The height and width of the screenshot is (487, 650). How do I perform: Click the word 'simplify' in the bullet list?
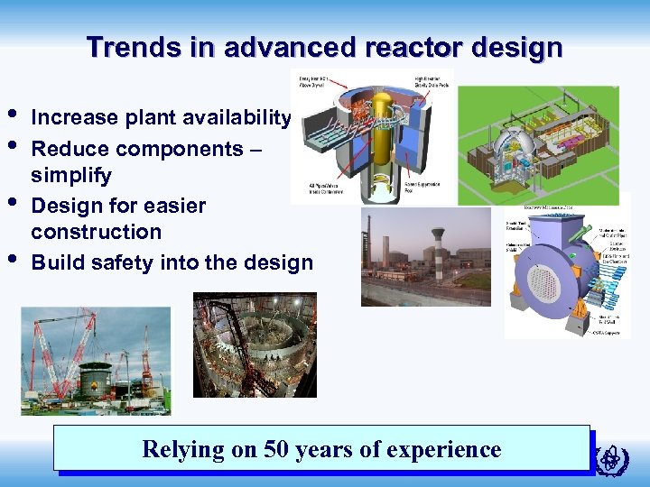click(x=71, y=174)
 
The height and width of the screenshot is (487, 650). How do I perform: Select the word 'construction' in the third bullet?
click(x=96, y=232)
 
